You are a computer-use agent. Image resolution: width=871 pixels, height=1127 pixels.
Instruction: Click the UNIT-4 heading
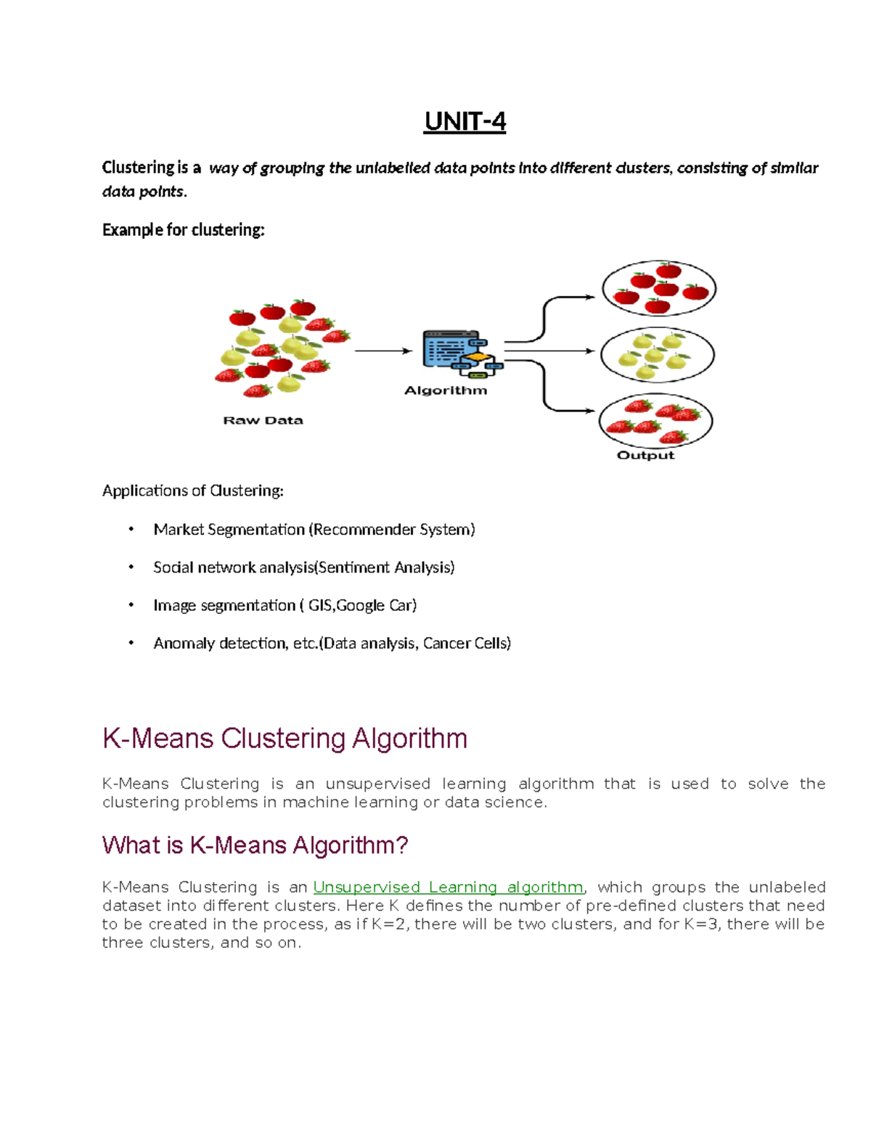(x=465, y=122)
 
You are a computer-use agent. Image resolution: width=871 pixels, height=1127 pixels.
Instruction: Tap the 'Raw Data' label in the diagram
(x=263, y=420)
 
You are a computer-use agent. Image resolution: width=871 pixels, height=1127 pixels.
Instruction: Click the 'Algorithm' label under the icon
(x=445, y=390)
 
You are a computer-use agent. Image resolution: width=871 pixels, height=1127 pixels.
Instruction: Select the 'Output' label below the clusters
(x=645, y=455)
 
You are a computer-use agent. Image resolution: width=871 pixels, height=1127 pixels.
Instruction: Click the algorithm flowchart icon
(x=462, y=353)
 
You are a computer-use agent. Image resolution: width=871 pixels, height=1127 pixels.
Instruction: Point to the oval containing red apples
(x=659, y=288)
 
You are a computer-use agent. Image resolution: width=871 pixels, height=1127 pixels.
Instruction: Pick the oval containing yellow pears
(x=657, y=355)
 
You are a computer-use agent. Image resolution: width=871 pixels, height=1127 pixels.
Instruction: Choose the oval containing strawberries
(x=655, y=422)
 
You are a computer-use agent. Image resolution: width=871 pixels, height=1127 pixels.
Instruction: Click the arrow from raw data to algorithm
(x=383, y=351)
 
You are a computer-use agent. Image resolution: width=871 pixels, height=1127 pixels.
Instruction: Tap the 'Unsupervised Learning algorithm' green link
(x=448, y=887)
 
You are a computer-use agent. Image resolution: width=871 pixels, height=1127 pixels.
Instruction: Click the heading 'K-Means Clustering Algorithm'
(x=285, y=739)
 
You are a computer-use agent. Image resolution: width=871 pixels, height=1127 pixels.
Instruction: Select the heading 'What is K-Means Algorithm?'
(x=255, y=845)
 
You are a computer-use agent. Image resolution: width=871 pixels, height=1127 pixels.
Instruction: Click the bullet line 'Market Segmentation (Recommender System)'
(x=314, y=530)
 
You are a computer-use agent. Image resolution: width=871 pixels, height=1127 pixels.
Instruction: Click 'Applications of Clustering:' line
(x=192, y=491)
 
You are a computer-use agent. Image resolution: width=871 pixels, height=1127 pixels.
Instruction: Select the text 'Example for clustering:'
(x=183, y=230)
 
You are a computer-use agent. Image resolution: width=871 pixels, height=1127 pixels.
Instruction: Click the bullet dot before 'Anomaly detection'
(x=131, y=643)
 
